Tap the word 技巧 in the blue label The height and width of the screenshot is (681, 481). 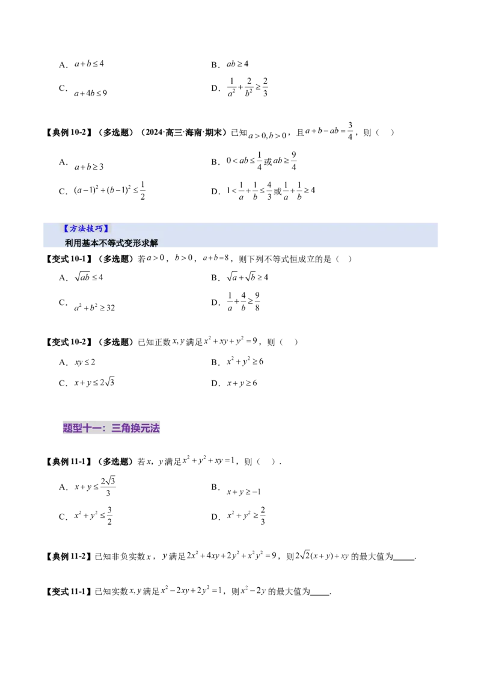pyautogui.click(x=95, y=229)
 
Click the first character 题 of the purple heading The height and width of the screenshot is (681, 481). pyautogui.click(x=67, y=428)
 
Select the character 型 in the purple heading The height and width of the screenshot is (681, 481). pyautogui.click(x=77, y=428)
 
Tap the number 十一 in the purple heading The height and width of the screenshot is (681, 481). pyautogui.click(x=91, y=428)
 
